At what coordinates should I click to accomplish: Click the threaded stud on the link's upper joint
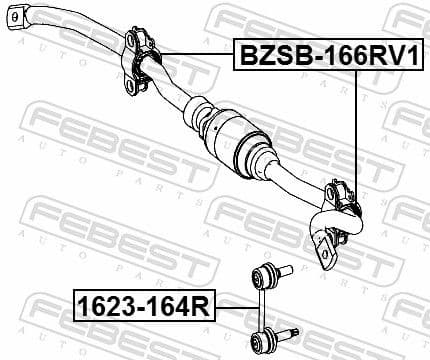coord(286,268)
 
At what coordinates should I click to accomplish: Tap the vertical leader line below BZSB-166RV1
coord(356,130)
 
